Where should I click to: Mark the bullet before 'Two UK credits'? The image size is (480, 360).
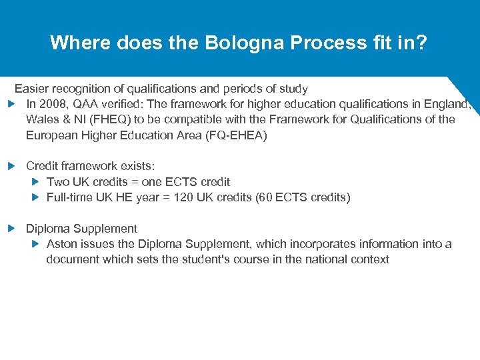(36, 181)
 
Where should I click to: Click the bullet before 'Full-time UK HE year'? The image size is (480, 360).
(36, 197)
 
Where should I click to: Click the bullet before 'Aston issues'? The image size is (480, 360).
(36, 244)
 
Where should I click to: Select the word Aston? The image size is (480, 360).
(61, 244)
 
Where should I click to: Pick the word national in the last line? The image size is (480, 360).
(325, 259)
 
